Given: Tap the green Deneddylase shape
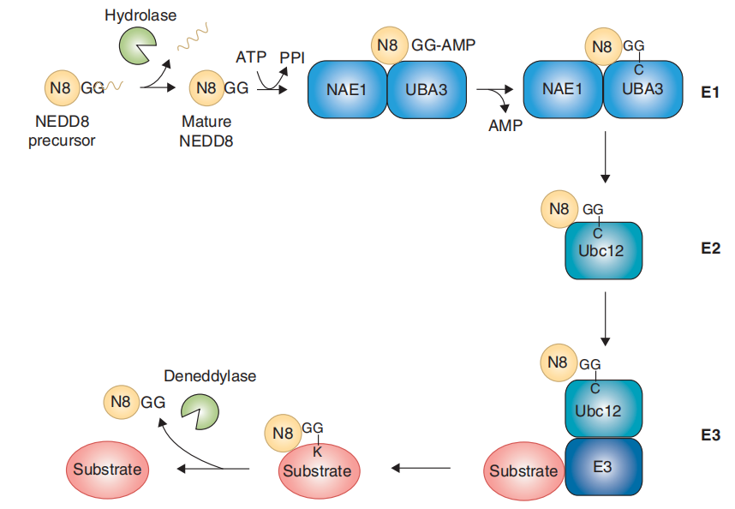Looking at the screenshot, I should pos(198,411).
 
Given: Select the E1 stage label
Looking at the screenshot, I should pos(708,93).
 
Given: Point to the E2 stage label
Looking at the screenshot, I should pos(708,250).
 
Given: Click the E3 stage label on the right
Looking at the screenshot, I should pos(708,435).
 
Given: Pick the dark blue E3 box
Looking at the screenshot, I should pos(603,467).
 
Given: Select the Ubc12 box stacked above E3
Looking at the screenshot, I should pos(603,409).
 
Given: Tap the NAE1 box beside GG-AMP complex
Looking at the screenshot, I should pos(347,88).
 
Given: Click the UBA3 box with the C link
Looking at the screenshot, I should pos(642,88).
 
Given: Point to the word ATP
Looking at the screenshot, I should pos(250,57).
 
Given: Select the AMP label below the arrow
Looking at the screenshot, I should pos(505,124).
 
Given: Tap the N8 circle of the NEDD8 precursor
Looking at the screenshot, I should pos(61,87).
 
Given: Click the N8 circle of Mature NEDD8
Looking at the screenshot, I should pos(206,87).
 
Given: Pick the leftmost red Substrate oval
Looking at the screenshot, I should pos(107,470).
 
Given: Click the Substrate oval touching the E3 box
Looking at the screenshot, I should pos(523,471).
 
